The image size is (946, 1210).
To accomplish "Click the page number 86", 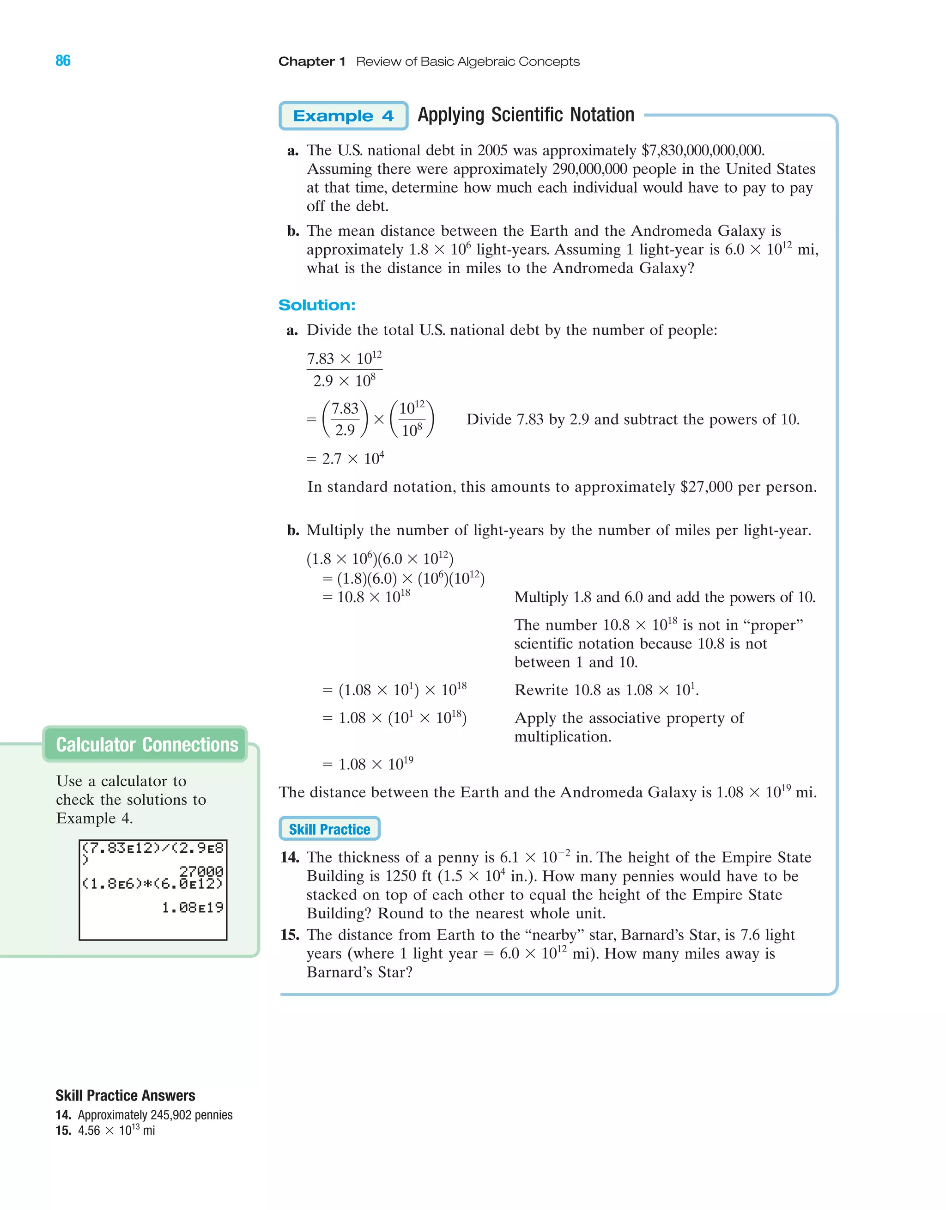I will click(x=63, y=61).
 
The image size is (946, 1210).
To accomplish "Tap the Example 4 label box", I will click(x=343, y=116).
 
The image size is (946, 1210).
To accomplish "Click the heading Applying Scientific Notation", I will click(x=526, y=115).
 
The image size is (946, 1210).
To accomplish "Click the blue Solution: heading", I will click(x=317, y=305).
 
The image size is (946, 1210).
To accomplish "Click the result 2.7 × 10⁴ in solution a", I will click(x=346, y=459).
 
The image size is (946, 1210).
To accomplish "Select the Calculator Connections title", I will click(x=147, y=745).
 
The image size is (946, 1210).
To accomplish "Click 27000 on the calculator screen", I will click(x=201, y=872).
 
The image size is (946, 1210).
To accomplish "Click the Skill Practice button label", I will click(x=329, y=829).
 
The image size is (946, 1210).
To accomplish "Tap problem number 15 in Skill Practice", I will click(x=290, y=935).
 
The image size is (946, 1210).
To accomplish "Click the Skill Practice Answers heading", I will click(x=125, y=1096).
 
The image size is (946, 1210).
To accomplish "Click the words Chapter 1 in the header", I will click(x=312, y=61).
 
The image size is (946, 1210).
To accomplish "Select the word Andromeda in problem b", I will click(x=671, y=231).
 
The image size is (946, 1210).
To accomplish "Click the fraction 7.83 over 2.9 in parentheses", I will click(x=345, y=419).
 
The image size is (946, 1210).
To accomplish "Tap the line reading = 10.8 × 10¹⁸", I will click(x=367, y=597).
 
